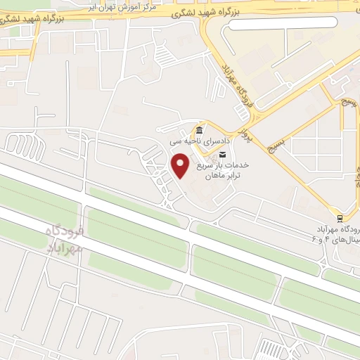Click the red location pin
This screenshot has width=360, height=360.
tap(181, 166)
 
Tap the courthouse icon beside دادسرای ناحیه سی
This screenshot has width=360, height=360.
tap(200, 131)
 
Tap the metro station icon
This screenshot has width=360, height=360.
tap(340, 218)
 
